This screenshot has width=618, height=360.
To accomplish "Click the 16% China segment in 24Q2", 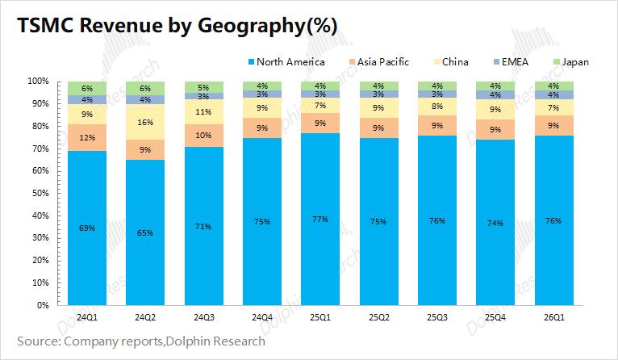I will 145,122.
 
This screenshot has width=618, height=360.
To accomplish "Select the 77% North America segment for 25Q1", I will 319,220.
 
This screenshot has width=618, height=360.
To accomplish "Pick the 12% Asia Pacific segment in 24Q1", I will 87,137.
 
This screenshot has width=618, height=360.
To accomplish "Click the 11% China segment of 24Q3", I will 203,112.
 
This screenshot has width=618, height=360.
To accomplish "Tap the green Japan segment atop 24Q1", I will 87,88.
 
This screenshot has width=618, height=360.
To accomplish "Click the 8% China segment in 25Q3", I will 436,107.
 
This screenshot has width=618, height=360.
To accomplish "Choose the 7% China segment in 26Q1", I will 553,107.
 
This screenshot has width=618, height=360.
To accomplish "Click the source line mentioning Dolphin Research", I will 141,341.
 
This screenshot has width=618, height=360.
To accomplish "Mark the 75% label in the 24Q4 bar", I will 261,222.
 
